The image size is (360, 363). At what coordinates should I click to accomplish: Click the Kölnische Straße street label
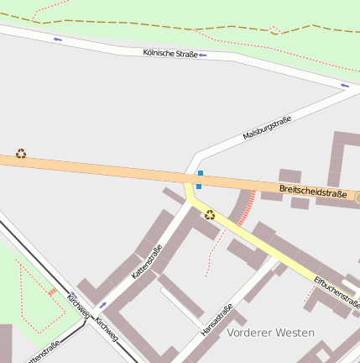coord(170,54)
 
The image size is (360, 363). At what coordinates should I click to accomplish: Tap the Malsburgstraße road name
coord(267,128)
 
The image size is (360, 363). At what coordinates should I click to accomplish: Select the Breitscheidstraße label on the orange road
coord(313,193)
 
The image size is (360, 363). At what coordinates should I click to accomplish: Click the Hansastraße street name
coord(217,321)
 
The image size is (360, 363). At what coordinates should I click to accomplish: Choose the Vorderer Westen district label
coord(270,333)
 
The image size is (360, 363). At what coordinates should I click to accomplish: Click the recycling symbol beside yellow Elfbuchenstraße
coord(210,215)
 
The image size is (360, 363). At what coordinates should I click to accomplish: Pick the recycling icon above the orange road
coord(21,154)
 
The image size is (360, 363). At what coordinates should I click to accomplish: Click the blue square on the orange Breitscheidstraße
coord(200,174)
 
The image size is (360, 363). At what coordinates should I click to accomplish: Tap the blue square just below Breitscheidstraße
coord(199,186)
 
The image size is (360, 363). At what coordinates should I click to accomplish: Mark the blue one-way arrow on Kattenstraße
coord(103,304)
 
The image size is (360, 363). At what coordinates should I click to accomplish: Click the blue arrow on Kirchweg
coord(73,296)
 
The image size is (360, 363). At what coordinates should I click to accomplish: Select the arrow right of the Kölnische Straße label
coord(203,55)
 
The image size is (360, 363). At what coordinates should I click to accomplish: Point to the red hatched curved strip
coord(246,209)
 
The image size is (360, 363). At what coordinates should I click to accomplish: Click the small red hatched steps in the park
coord(52,292)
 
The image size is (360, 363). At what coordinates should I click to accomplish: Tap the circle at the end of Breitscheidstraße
coord(357,198)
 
